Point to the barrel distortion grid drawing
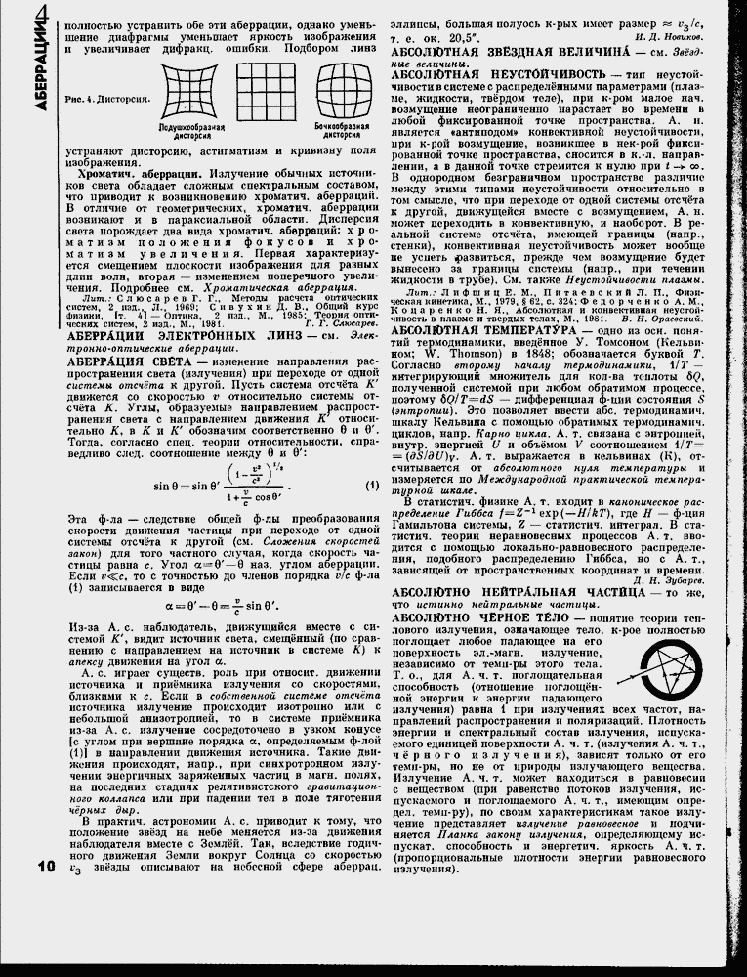tap(343, 95)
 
